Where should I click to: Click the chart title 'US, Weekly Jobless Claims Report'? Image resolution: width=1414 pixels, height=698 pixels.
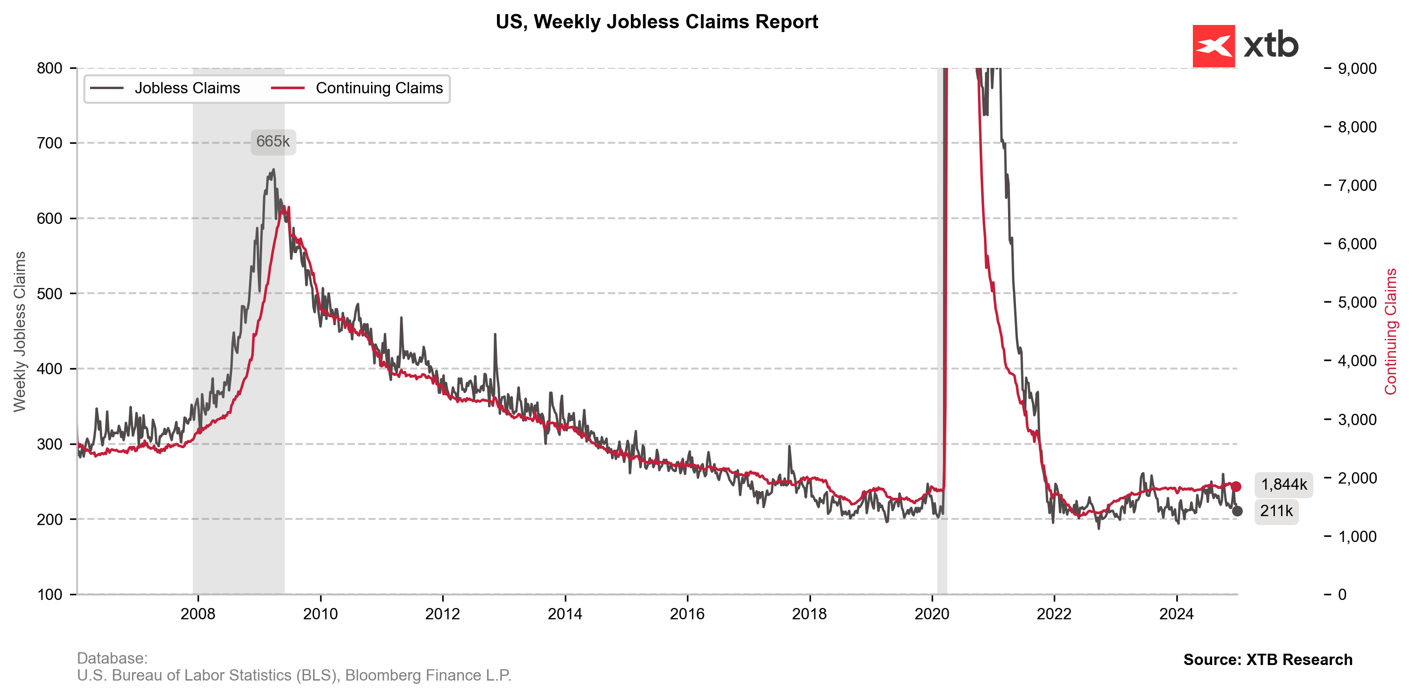coord(656,22)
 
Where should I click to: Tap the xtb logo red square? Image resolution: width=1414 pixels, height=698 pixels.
coord(1213,46)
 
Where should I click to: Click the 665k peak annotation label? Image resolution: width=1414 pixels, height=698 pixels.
coord(273,141)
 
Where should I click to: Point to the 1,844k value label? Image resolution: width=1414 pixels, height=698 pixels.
coord(1283,484)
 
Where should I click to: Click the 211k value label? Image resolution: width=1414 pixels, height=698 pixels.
coord(1276,511)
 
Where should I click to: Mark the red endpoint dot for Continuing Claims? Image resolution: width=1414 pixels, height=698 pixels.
coord(1236,486)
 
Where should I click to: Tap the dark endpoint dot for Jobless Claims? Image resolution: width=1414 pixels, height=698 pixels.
coord(1237,511)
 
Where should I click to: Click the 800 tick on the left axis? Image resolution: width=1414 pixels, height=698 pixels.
coord(50,68)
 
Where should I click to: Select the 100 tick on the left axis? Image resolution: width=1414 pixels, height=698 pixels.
coord(50,594)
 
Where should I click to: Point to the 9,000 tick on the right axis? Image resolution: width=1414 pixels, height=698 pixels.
coord(1357,69)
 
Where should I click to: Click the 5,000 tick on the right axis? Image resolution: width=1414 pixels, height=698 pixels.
coord(1357,303)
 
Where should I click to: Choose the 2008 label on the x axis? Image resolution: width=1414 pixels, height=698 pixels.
coord(198,614)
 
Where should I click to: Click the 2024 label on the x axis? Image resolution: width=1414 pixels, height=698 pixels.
coord(1176,614)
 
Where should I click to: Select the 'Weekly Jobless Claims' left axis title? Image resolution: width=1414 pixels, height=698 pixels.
coord(20,331)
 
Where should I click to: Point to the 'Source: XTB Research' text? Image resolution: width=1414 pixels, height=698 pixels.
coord(1267,659)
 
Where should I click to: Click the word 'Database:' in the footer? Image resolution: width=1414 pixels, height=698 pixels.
coord(112,658)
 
